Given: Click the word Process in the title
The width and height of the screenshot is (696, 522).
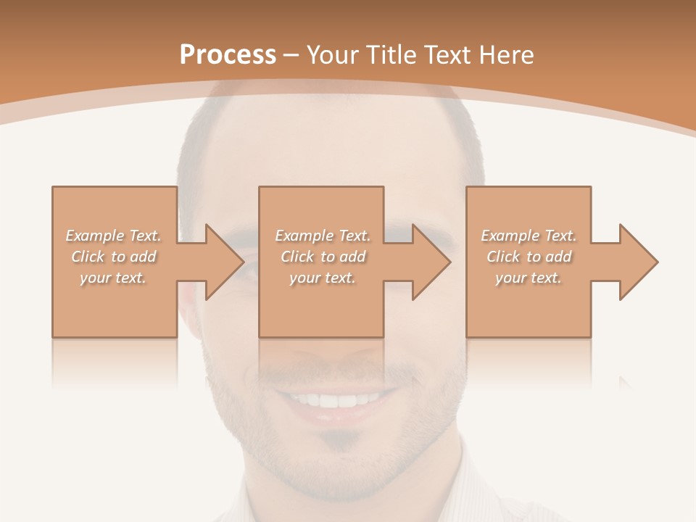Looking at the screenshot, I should (228, 54).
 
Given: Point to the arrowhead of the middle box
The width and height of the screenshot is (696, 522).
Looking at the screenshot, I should (431, 262).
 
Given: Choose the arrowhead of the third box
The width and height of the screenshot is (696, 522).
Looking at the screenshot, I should (637, 262).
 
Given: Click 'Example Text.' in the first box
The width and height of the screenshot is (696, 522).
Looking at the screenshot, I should (113, 236).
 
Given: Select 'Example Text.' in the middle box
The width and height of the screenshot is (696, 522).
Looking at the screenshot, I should (323, 236).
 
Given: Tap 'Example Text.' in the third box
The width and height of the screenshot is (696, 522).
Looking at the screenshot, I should (529, 236).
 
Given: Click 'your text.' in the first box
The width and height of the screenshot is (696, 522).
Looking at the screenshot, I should (113, 278).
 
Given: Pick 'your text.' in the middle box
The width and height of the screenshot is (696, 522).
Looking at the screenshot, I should (323, 278).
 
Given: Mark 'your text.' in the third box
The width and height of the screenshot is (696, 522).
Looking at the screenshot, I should (529, 278).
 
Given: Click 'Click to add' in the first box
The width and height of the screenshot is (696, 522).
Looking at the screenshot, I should (113, 257).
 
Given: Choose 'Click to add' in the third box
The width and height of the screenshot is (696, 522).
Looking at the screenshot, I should (529, 257).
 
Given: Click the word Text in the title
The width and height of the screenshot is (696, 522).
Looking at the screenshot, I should (447, 54).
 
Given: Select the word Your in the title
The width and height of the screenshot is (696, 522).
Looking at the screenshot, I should (332, 54).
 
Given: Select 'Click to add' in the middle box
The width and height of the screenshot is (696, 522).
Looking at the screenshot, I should (323, 257).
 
